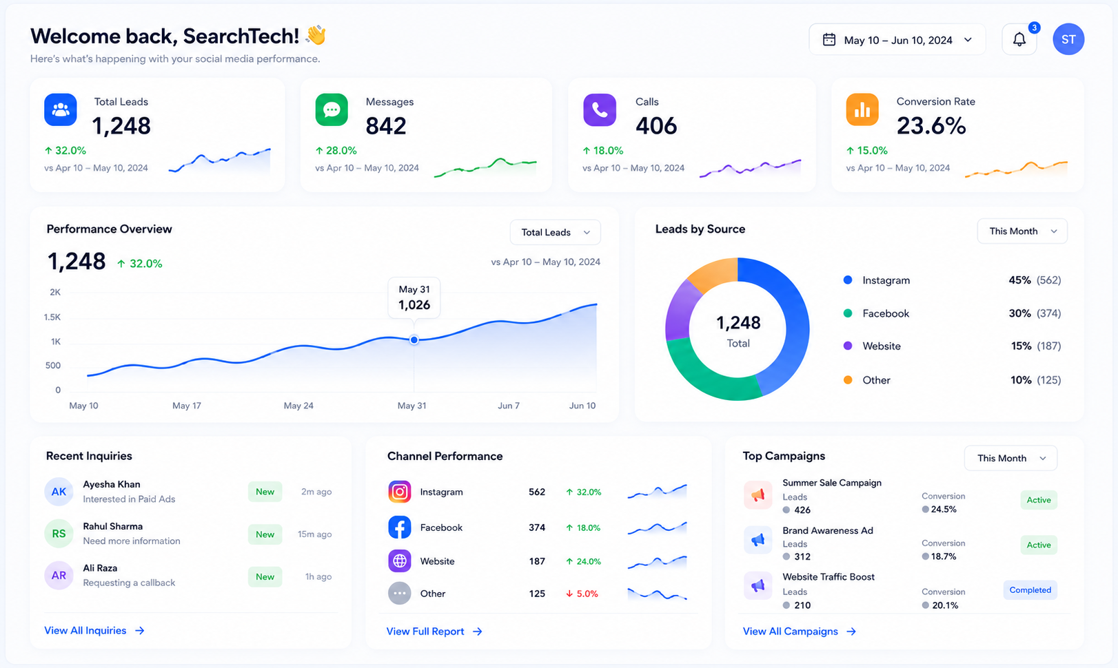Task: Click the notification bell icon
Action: pos(1019,39)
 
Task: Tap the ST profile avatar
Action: pos(1068,39)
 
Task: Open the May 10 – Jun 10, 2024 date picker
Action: pos(897,39)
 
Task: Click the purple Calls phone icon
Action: pos(600,109)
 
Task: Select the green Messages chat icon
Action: pos(332,109)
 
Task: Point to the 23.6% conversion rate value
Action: pos(931,125)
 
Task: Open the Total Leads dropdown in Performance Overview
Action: pos(555,232)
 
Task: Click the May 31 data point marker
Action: pos(414,340)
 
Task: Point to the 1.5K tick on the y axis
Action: pos(52,317)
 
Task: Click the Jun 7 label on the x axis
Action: pos(509,406)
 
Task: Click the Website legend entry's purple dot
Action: pos(848,346)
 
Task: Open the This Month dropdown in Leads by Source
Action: pos(1022,231)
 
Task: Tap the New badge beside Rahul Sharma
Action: pos(265,534)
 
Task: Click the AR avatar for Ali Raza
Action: pos(59,575)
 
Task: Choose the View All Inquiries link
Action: pos(94,631)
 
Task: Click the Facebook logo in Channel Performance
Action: pos(399,528)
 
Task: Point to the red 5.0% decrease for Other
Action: pos(582,594)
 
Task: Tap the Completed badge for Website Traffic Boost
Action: pos(1030,590)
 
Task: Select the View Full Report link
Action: pos(434,632)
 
